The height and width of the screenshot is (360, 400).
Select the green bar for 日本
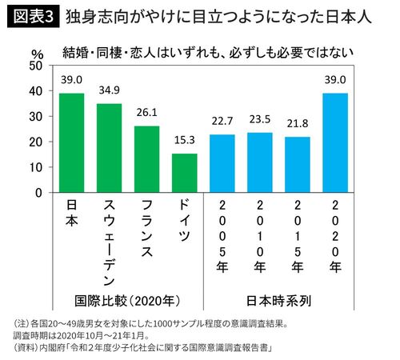71,143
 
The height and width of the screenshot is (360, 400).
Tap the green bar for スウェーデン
109,148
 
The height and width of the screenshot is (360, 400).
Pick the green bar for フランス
146,159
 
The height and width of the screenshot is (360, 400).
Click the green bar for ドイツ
184,173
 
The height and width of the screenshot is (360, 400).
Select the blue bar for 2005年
223,163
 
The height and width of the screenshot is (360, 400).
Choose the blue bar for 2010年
261,162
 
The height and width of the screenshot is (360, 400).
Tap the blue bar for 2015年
298,165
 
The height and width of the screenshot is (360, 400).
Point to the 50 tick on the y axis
36,66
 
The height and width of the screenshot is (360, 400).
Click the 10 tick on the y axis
37,167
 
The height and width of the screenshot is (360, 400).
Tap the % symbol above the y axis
37,52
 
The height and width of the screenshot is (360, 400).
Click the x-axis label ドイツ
184,222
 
